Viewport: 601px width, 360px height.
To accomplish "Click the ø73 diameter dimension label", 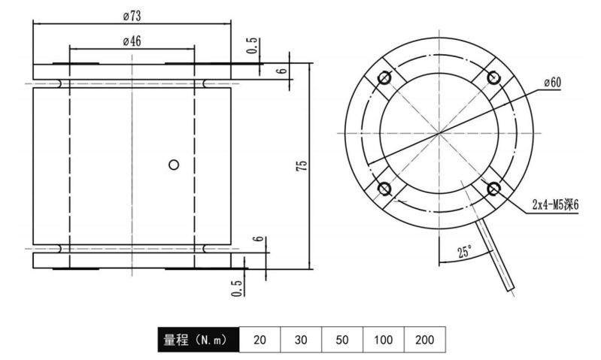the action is click(132, 16).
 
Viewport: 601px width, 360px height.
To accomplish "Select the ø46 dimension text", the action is click(132, 41).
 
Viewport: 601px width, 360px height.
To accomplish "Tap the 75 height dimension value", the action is click(302, 166).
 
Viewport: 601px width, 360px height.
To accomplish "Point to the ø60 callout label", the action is click(552, 83).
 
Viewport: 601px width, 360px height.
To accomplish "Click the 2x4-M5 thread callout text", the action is click(555, 205).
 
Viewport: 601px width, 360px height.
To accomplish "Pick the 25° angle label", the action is click(465, 252).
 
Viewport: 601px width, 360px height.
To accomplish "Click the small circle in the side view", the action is click(174, 165).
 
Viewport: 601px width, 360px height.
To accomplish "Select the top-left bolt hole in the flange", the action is click(384, 78).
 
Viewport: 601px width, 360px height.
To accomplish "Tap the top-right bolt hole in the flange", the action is click(493, 77).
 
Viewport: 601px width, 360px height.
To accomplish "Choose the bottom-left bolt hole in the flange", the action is click(384, 189).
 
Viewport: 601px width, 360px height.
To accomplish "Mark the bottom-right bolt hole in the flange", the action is click(493, 189).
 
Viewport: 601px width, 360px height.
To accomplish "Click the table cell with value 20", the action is click(260, 339).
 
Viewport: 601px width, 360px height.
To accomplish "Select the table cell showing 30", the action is click(301, 339).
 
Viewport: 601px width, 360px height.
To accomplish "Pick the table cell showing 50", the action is click(342, 339).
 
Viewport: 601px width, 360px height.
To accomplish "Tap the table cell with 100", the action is click(384, 339).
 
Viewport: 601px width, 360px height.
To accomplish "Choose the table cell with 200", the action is click(425, 339).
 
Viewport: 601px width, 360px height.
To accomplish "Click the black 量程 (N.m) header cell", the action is click(199, 339).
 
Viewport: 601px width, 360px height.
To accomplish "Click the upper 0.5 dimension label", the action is click(252, 46).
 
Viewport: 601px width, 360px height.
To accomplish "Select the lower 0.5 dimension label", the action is click(237, 289).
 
